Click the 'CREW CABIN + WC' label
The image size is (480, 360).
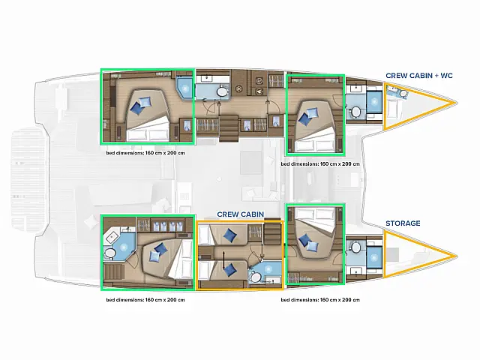(419, 76)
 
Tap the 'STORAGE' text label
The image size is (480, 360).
(403, 223)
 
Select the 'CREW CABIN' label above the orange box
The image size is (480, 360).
(240, 214)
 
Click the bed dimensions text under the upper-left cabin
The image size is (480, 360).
(145, 153)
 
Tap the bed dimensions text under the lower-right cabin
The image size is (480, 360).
(320, 300)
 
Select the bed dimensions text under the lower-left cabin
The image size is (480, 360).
(145, 300)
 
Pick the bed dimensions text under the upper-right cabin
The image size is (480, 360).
(320, 163)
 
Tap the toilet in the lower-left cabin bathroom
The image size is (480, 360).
(109, 253)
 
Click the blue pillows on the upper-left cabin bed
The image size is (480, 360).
(140, 105)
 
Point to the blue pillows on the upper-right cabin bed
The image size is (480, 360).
(308, 117)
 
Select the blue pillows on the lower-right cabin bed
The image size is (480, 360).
(308, 242)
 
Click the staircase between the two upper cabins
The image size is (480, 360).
(229, 128)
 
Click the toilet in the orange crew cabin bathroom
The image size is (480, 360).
(255, 277)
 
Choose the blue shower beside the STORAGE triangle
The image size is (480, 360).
(374, 257)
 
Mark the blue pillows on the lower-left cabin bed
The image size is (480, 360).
(157, 253)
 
